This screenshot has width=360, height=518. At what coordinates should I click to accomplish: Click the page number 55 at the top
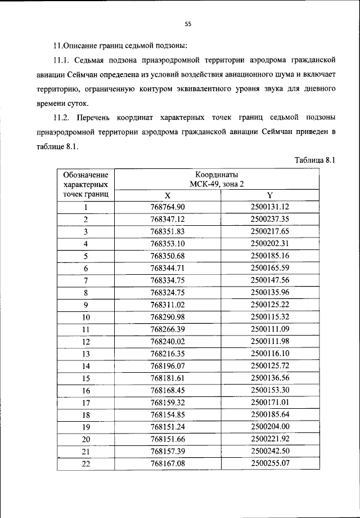(188, 24)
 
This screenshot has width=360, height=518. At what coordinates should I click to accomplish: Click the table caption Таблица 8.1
(314, 160)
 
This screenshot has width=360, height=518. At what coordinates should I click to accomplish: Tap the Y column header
(269, 195)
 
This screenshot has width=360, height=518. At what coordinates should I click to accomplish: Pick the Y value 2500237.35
(269, 220)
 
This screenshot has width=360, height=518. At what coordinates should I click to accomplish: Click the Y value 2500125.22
(269, 305)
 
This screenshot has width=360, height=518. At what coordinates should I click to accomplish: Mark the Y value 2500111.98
(269, 341)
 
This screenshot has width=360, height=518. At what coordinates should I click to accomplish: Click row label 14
(86, 365)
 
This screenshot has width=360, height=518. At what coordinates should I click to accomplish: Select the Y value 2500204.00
(269, 426)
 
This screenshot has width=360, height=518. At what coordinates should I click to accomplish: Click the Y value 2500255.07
(269, 463)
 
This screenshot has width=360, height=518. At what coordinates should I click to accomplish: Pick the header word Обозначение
(86, 175)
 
